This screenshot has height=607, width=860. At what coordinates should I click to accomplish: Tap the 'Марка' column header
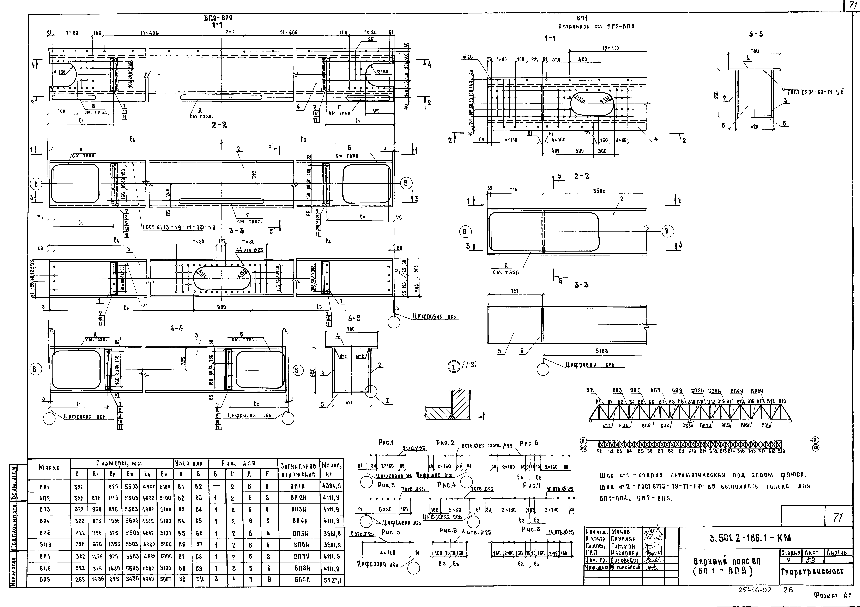(49, 468)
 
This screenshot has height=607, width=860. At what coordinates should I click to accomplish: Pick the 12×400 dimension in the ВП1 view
(611, 48)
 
